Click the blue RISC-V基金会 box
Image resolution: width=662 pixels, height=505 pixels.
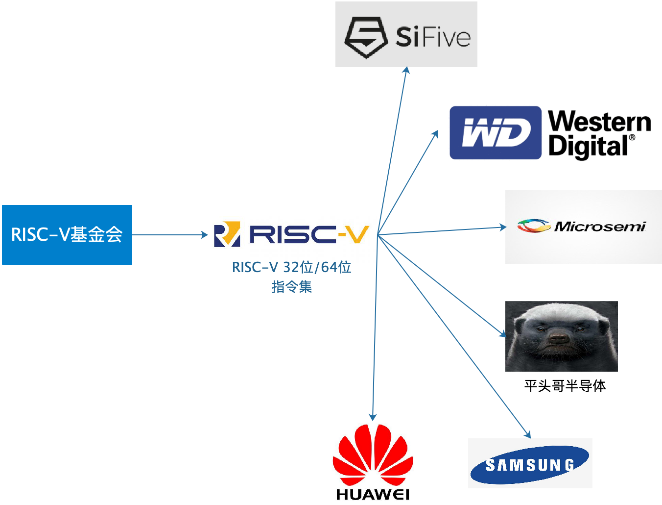point(67,235)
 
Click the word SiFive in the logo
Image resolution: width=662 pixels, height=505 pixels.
point(433,37)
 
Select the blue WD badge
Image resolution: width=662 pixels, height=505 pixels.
point(495,133)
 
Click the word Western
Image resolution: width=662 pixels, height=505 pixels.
point(599,121)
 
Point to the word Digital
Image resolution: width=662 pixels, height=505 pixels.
point(588,147)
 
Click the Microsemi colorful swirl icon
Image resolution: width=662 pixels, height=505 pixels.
point(533,226)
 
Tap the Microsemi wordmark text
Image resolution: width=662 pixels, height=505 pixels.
point(600,227)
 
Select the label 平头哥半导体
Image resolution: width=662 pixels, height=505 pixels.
point(565,386)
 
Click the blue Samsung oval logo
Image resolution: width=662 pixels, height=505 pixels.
point(530,464)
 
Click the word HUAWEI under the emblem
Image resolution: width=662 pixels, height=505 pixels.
point(373,494)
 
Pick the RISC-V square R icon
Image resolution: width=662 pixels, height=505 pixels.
point(227,234)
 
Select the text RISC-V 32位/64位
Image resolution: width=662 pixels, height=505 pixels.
point(291,267)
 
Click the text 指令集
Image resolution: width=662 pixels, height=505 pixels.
point(291,287)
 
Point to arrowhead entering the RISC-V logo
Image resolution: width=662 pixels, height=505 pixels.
point(205,235)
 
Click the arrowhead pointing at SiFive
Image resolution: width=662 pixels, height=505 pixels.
point(406,71)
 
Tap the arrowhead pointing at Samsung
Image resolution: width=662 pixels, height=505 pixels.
point(528,434)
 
